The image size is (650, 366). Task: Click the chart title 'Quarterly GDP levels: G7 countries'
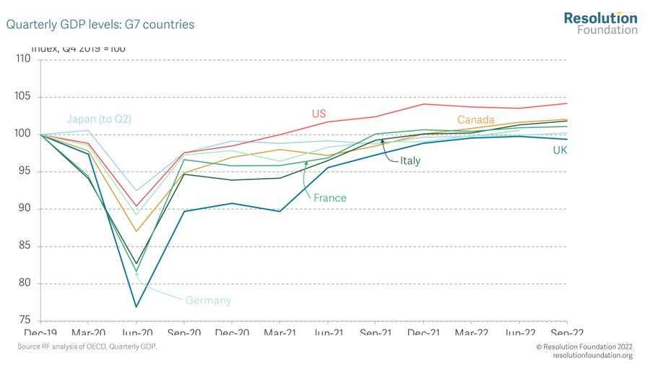point(100,25)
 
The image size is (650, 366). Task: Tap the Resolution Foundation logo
point(600,23)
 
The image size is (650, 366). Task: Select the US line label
point(319,114)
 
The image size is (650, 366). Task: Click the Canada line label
point(474,119)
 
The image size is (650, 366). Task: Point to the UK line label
point(560,150)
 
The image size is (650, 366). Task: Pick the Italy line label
point(410,161)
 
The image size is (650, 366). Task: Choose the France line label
point(329,197)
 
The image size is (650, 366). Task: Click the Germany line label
point(208,300)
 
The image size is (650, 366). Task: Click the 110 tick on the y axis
point(23,59)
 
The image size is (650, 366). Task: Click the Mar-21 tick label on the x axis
point(279,332)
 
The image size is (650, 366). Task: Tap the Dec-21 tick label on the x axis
point(423,332)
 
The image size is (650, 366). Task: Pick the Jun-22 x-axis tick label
point(519,332)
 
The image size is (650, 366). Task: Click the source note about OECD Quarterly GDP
point(87,348)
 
